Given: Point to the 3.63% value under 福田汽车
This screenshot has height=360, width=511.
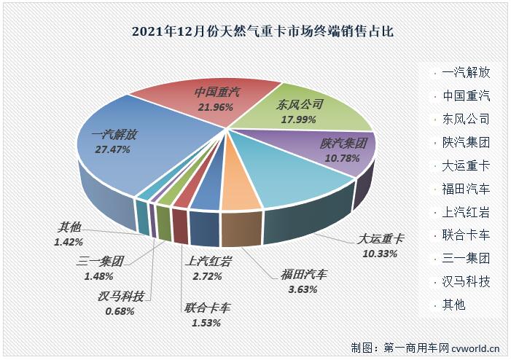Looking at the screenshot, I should (x=304, y=289).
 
